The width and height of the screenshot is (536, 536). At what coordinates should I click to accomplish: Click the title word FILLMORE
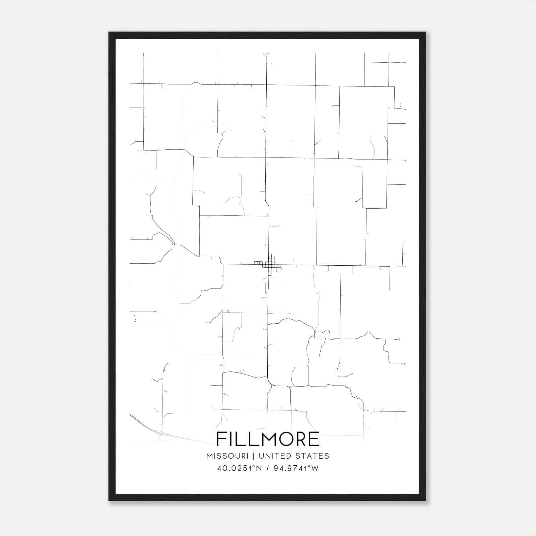click(x=268, y=439)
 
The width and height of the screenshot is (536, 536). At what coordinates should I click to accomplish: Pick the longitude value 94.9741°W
click(x=296, y=468)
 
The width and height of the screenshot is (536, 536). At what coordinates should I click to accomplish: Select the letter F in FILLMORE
click(x=221, y=439)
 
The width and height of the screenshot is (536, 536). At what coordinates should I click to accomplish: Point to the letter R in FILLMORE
click(x=300, y=439)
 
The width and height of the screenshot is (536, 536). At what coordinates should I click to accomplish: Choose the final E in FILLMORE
click(x=314, y=439)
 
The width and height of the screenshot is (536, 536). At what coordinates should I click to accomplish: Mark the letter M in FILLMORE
click(x=264, y=439)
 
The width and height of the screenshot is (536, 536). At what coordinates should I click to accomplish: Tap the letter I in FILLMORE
click(x=230, y=439)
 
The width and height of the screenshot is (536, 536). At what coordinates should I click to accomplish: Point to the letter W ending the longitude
click(x=315, y=468)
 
